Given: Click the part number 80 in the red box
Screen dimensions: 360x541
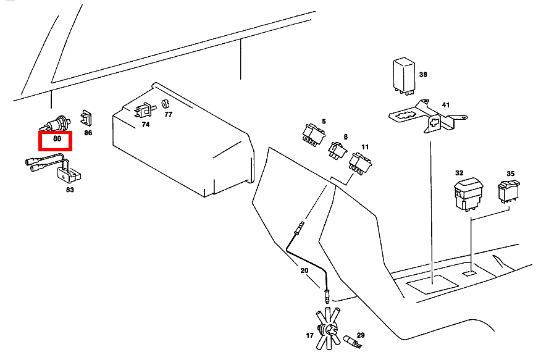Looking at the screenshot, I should (x=57, y=140).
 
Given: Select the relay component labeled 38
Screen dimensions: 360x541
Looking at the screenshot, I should (x=405, y=75).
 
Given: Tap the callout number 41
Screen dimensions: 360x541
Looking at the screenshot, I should (x=445, y=105).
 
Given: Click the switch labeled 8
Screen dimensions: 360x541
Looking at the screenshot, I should (x=337, y=149).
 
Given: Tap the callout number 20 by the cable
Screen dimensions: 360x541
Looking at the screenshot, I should (x=304, y=270).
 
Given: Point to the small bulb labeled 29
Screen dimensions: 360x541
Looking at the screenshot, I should (x=352, y=340).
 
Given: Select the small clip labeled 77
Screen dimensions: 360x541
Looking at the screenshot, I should (x=166, y=103).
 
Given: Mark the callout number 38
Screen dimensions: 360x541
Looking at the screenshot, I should (x=423, y=75).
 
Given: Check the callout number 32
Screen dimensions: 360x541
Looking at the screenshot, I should (x=459, y=174).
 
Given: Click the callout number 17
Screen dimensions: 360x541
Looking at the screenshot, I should (x=309, y=335).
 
